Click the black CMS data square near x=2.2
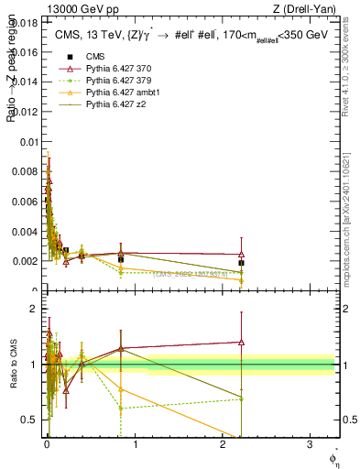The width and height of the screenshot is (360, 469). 241,263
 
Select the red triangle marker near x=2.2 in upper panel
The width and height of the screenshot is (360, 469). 241,255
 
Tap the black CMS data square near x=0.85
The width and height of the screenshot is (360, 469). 121,259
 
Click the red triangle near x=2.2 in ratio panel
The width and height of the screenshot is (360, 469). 241,342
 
